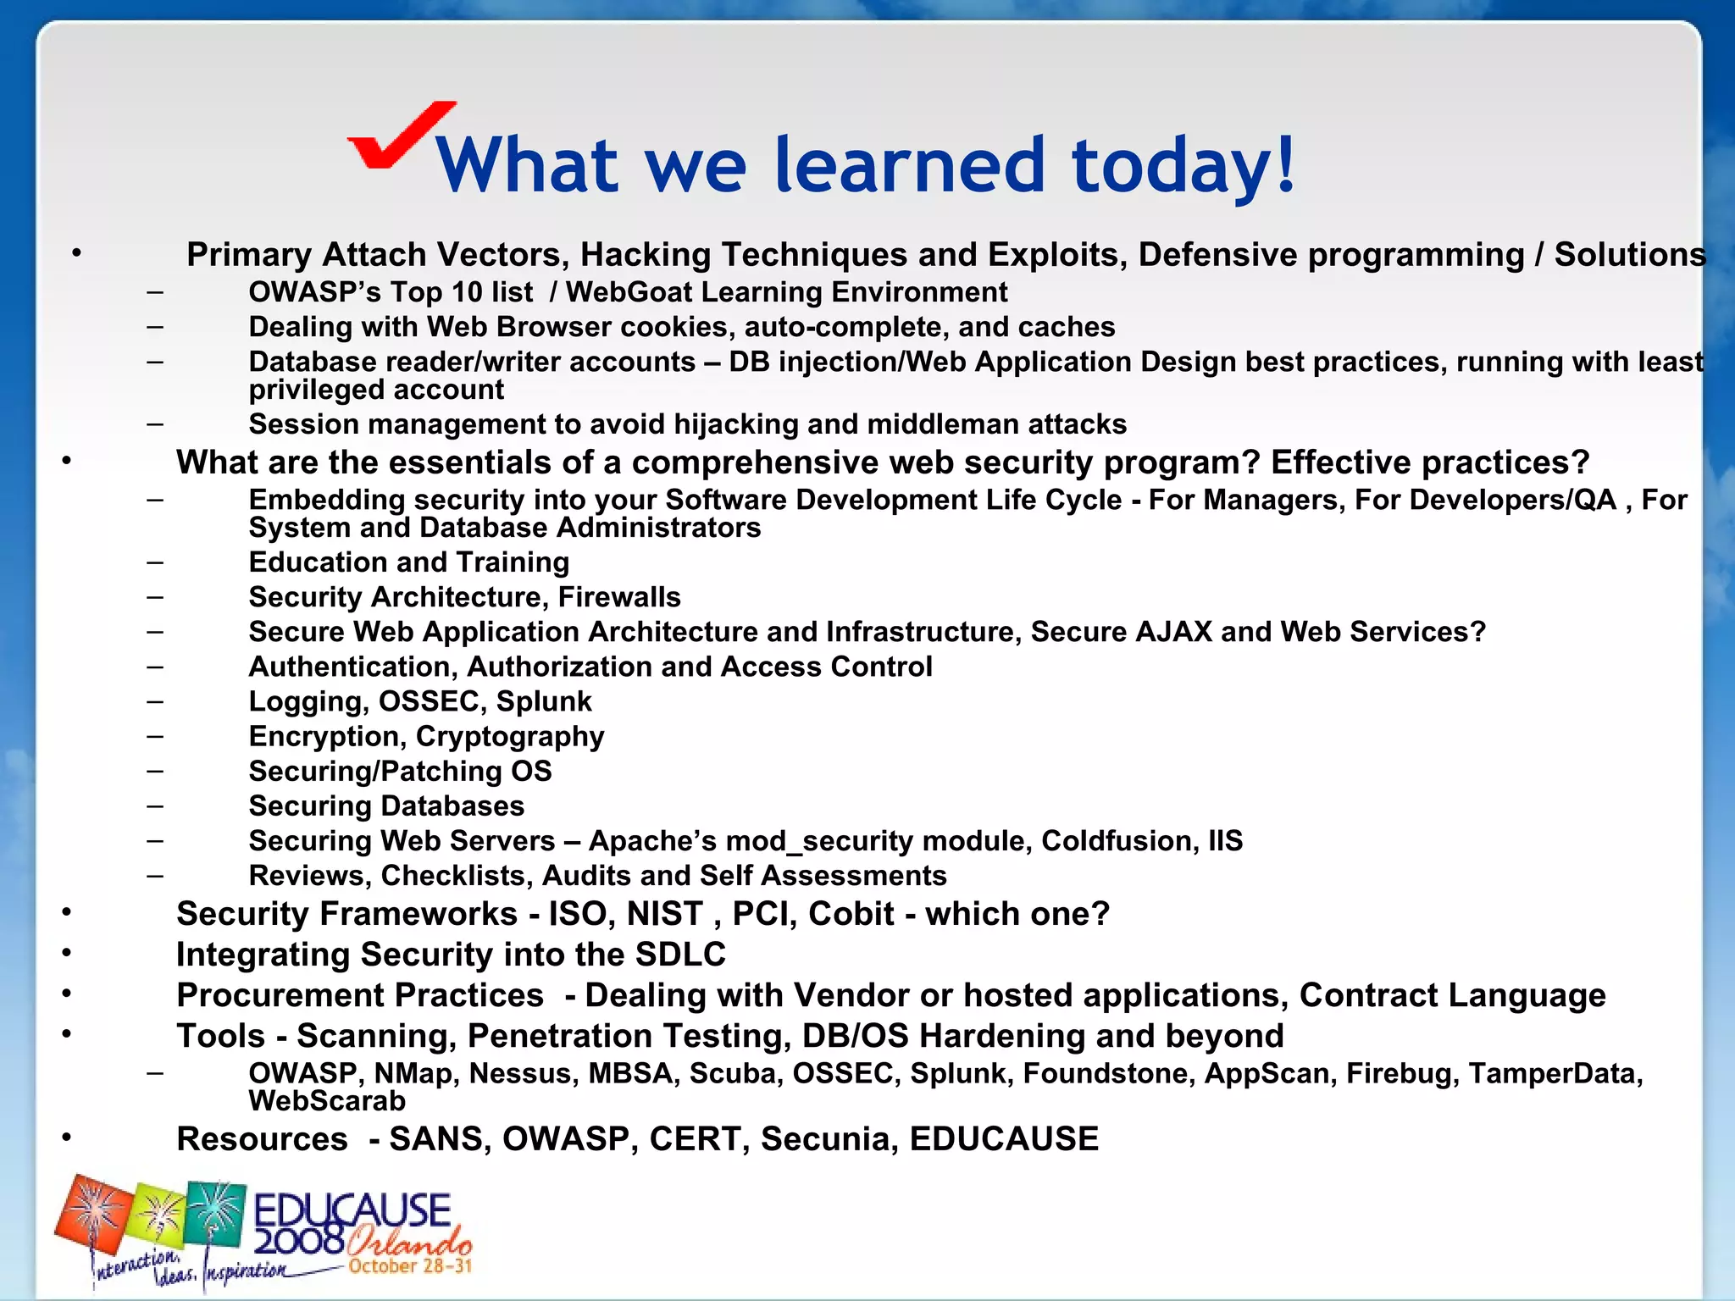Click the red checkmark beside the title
(398, 136)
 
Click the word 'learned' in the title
(910, 164)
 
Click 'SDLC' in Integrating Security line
(680, 955)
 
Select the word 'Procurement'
(359, 995)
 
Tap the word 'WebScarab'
(327, 1101)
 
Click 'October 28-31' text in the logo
(410, 1266)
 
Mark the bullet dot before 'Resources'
(66, 1138)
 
